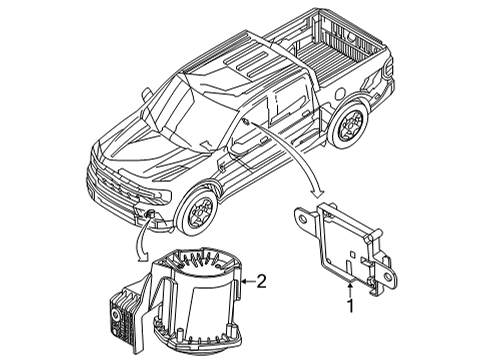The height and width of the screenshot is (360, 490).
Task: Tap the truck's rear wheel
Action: pyautogui.click(x=350, y=124)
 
